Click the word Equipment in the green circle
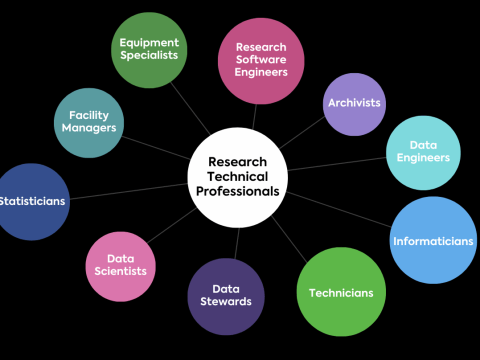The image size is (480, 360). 149,43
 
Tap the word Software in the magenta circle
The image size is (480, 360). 261,59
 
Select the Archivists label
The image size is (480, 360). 354,103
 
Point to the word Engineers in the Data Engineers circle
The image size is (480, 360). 423,157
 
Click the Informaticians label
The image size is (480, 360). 433,241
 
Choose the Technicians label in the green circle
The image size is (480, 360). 341,293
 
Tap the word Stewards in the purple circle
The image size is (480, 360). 226,301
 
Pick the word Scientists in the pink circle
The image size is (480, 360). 120,271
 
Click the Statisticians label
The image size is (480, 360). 32,201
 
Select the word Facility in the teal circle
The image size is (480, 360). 89,115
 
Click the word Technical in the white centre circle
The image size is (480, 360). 237,176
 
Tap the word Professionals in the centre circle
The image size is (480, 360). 237,191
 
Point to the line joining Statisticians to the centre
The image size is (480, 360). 128,191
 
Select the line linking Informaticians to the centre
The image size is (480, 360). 340,209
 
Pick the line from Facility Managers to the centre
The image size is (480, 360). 155,147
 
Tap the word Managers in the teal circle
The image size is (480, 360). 89,128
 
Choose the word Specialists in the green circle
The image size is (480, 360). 149,55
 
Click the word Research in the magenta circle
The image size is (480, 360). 261,47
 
